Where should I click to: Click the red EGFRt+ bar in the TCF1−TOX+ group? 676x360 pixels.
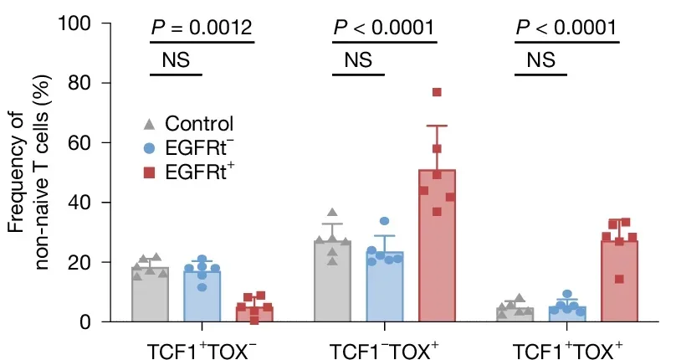[x=437, y=251]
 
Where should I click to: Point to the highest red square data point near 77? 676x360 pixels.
[x=437, y=92]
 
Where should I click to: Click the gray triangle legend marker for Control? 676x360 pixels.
[x=149, y=124]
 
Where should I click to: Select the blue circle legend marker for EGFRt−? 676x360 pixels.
[x=149, y=148]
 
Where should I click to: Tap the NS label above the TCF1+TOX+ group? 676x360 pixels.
[x=541, y=60]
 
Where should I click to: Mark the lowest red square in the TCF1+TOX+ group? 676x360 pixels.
[x=619, y=279]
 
